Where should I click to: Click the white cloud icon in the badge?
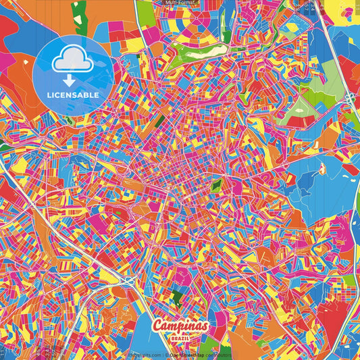[72, 61]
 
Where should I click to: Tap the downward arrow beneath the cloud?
[72, 80]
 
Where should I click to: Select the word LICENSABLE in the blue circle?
[72, 95]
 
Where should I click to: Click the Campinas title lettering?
[180, 326]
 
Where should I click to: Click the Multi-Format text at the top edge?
[180, 3]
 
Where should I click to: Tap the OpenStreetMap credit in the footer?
[187, 355]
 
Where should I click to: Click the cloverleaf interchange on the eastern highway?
[349, 99]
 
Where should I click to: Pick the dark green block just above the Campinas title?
[176, 295]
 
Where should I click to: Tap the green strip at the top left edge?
[80, 19]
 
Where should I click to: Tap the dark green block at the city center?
[216, 184]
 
